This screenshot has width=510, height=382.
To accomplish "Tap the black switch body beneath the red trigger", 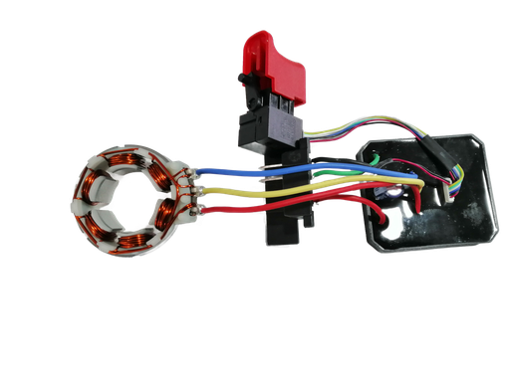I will [266, 126].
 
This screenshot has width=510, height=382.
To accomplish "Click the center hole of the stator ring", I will [128, 204].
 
